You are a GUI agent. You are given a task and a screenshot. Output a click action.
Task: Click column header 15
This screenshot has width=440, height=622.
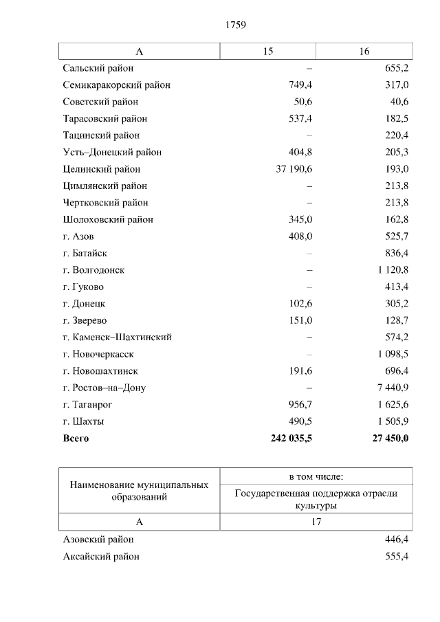pyautogui.click(x=267, y=52)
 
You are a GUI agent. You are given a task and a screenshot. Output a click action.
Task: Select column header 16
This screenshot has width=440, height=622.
pyautogui.click(x=364, y=52)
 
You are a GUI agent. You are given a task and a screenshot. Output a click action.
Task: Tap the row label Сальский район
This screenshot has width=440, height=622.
pyautogui.click(x=98, y=68)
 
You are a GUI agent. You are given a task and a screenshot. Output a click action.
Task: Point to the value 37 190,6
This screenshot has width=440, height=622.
pyautogui.click(x=294, y=169)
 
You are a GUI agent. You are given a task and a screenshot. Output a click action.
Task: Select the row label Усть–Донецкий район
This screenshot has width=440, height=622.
pyautogui.click(x=112, y=152)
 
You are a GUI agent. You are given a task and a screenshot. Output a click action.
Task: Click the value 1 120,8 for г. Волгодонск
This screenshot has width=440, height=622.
pyautogui.click(x=393, y=270)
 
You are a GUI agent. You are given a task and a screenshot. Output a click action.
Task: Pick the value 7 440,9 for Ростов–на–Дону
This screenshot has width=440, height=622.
pyautogui.click(x=393, y=388)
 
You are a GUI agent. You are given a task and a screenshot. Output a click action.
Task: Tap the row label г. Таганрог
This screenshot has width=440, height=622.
pyautogui.click(x=87, y=405)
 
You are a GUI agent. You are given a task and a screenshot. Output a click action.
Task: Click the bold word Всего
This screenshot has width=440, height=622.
pyautogui.click(x=76, y=438)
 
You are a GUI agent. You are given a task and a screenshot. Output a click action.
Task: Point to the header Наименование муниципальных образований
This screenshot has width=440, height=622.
pyautogui.click(x=139, y=491)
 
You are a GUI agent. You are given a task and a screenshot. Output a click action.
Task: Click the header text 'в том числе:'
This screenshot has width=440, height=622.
pyautogui.click(x=316, y=476)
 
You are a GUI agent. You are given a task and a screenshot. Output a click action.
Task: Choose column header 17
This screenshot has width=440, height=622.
pyautogui.click(x=316, y=522)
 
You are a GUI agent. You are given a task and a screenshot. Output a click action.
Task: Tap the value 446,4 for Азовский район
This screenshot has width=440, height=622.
pyautogui.click(x=397, y=540)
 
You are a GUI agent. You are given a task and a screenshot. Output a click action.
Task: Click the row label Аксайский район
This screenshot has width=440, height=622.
pyautogui.click(x=100, y=557)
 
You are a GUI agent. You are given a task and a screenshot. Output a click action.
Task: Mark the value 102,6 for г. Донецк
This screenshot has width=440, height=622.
pyautogui.click(x=299, y=304)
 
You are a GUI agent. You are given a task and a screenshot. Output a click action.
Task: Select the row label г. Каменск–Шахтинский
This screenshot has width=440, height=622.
pyautogui.click(x=117, y=337)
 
